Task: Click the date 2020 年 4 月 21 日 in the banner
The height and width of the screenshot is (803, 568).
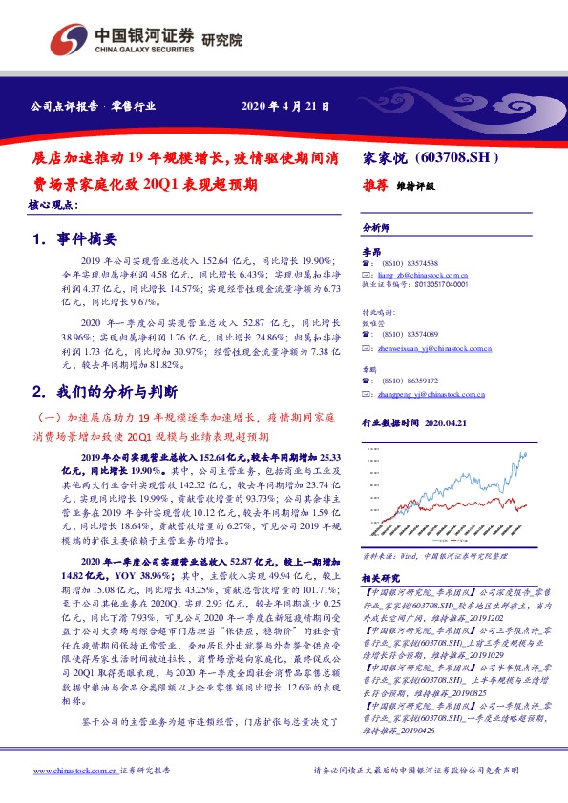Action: pos(285,107)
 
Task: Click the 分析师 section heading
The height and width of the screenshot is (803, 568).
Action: pos(377,228)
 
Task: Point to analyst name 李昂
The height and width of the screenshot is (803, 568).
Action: pos(370,249)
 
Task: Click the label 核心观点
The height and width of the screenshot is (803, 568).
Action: pos(53,207)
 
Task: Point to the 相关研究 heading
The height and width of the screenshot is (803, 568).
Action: pos(381,578)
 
